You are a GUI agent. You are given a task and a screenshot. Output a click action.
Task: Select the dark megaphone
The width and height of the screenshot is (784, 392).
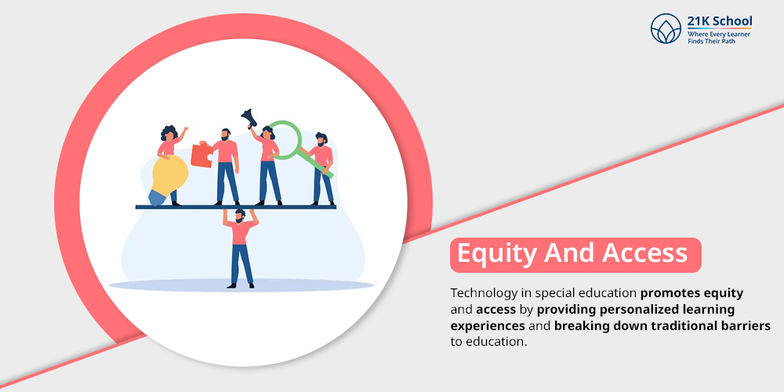coord(249,118)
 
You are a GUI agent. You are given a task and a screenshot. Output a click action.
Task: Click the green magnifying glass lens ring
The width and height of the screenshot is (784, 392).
coord(285,140)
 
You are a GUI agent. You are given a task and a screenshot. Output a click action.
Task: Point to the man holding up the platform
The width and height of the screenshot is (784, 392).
coord(241,249)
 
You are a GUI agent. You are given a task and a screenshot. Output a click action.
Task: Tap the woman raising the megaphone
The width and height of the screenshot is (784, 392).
coord(267,165)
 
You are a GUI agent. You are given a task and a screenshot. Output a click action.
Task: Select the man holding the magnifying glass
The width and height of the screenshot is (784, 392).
coord(321,169)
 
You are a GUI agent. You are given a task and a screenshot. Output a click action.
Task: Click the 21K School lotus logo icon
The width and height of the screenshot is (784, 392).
coord(666,28)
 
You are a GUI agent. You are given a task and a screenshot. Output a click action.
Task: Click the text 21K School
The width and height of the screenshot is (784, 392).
coord(720,22)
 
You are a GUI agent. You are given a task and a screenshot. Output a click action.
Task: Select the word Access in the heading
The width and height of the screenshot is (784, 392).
coord(644,253)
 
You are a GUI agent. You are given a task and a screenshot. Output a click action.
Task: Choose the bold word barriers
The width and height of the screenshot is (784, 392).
coord(746,326)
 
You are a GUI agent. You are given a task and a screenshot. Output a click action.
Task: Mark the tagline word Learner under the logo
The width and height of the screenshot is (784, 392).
coord(739,34)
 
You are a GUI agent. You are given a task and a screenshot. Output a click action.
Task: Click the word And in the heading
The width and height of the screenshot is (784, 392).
coord(569,253)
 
